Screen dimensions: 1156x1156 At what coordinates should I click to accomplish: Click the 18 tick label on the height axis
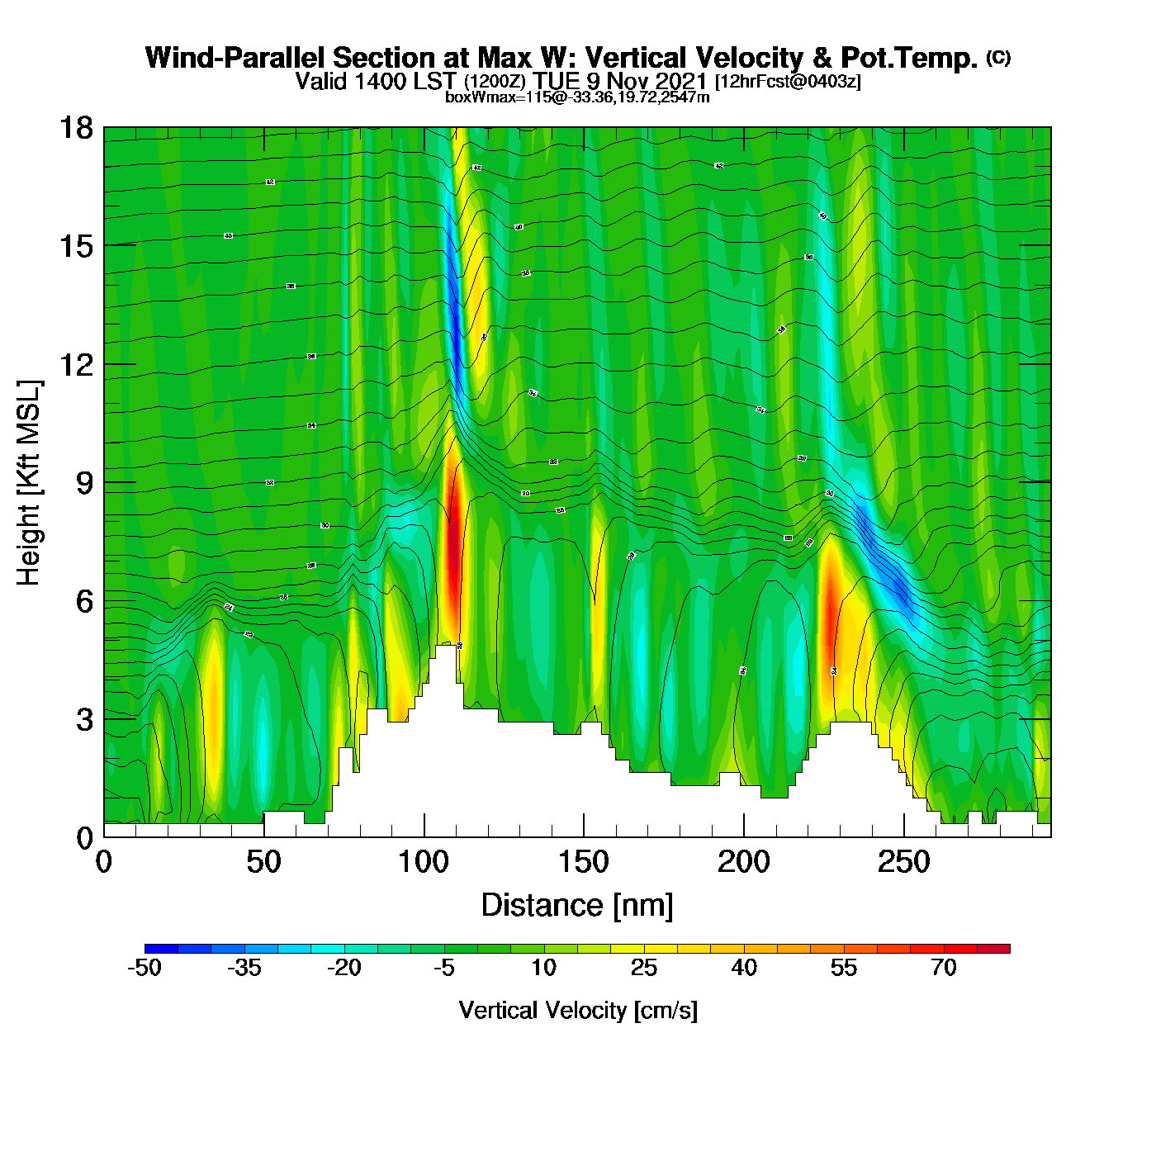76,128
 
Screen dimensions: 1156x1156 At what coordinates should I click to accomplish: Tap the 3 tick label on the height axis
84,720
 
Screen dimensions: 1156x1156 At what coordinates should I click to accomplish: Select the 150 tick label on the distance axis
584,863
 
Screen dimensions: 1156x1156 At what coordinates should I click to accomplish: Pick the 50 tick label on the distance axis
263,863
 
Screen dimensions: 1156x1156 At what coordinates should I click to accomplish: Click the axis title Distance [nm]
577,906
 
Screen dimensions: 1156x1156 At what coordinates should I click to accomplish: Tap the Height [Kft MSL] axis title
29,483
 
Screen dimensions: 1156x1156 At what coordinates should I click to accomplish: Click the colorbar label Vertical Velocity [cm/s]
578,1010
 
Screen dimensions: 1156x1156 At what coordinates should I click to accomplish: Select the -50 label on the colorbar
144,968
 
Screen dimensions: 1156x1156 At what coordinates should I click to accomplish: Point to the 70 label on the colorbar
944,968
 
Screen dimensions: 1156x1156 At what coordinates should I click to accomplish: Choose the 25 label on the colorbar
644,968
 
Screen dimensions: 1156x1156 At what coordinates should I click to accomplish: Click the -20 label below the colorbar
344,968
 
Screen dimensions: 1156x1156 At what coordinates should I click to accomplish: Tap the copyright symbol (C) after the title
998,57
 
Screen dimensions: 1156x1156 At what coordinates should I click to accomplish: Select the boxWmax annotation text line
577,97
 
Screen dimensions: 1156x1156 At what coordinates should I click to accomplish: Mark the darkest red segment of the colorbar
993,949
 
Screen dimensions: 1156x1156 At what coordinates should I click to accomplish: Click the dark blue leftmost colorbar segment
161,949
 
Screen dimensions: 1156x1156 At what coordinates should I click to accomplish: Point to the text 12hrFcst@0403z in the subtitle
788,82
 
